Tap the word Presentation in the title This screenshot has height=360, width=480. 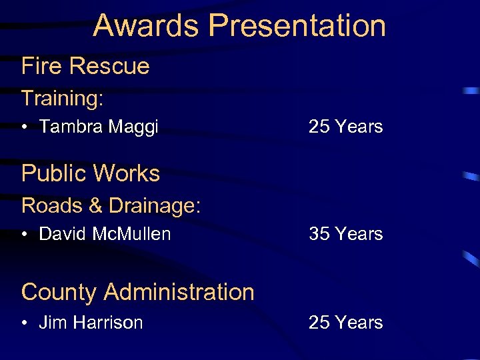pyautogui.click(x=297, y=25)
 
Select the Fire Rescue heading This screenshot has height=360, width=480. pyautogui.click(x=85, y=66)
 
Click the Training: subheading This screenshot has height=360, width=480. pyautogui.click(x=63, y=99)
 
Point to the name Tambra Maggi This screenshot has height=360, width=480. pyautogui.click(x=99, y=127)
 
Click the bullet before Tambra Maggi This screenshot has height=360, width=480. pyautogui.click(x=25, y=127)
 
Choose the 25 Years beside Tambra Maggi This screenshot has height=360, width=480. pyautogui.click(x=345, y=127)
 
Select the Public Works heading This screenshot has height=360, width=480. pyautogui.click(x=91, y=173)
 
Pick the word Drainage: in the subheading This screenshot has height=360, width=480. pyautogui.click(x=154, y=205)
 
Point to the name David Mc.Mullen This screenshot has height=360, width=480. pyautogui.click(x=105, y=234)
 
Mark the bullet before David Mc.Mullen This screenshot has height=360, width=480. pyautogui.click(x=25, y=235)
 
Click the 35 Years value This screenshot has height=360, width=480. pyautogui.click(x=345, y=234)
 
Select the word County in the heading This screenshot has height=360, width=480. pyautogui.click(x=59, y=292)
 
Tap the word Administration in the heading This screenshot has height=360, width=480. pyautogui.click(x=179, y=292)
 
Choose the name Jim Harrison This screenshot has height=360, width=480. pyautogui.click(x=91, y=323)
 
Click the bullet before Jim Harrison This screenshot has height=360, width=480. pyautogui.click(x=25, y=323)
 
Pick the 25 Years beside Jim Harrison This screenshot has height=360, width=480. pyautogui.click(x=345, y=323)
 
